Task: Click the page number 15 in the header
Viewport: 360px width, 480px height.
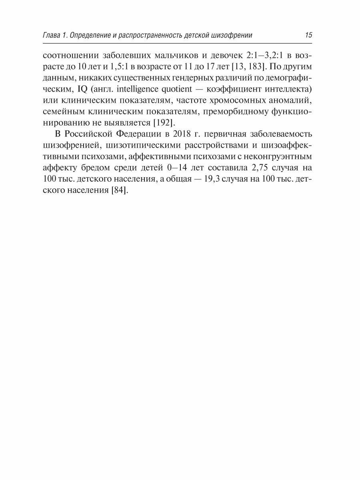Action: click(x=308, y=35)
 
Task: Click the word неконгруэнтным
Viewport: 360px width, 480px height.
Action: click(x=282, y=154)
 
